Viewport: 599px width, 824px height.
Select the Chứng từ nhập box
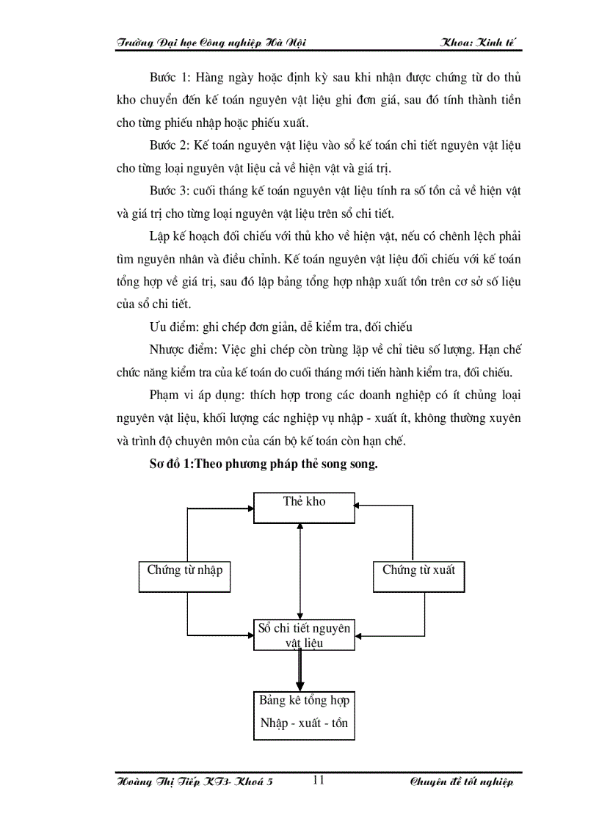coord(184,576)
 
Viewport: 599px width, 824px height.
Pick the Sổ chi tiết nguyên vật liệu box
coord(304,635)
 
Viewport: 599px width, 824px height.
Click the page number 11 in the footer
coord(319,780)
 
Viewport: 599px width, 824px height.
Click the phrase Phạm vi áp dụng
coord(189,395)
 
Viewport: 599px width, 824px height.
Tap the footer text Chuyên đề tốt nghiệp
coord(462,782)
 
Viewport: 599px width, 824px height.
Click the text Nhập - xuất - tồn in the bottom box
coord(304,723)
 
